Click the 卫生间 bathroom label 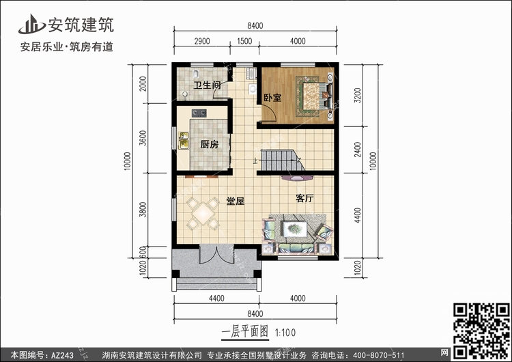208,85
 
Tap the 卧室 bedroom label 272,98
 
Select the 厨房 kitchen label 210,144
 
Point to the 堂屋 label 236,201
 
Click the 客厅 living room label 304,198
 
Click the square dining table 203,213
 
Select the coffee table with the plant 295,229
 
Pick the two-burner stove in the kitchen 199,113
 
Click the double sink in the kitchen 184,141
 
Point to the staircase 283,160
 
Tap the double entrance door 216,254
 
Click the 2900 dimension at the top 202,42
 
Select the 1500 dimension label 244,42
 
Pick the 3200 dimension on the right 358,95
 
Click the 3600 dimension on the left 143,138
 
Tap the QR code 481,331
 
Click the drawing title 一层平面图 245,332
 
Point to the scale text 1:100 285,333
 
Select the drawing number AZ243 62,355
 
